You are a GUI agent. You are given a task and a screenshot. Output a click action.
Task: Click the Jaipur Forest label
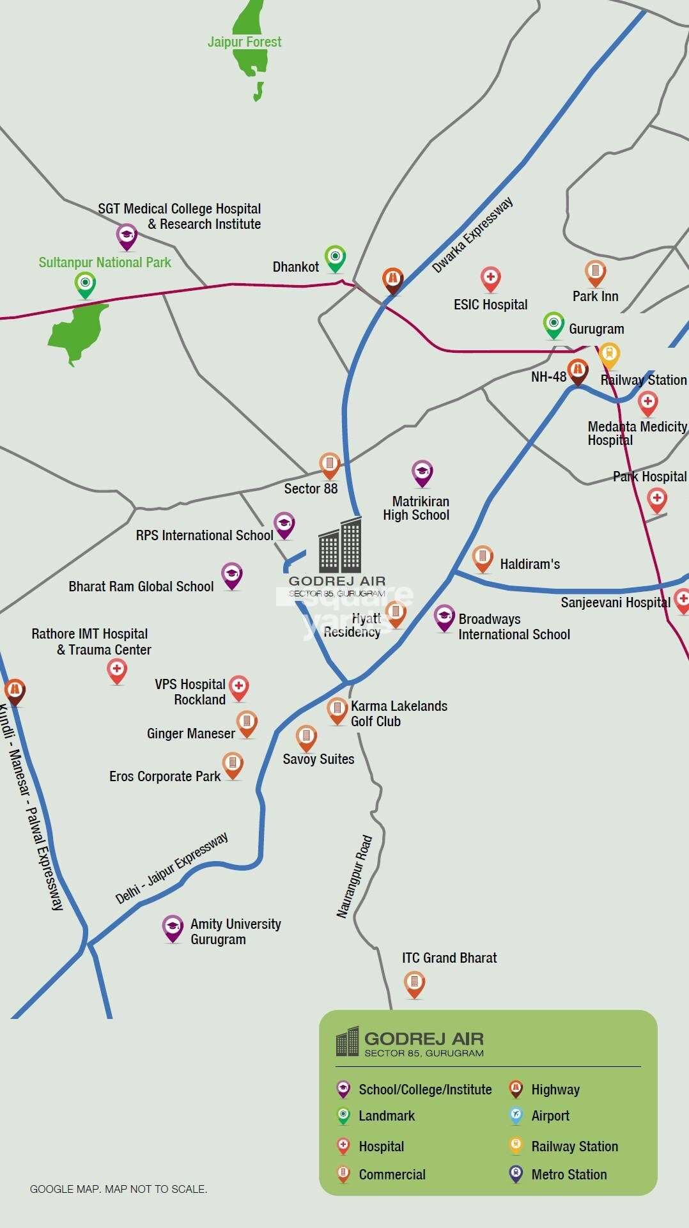[244, 42]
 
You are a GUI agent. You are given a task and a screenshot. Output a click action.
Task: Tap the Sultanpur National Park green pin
[85, 283]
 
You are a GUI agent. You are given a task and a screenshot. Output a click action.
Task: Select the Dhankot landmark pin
[335, 258]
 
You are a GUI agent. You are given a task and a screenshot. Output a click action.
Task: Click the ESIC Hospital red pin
[490, 278]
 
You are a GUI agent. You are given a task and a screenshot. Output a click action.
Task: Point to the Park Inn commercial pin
[595, 272]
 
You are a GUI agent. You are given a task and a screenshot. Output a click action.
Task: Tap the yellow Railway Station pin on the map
[609, 354]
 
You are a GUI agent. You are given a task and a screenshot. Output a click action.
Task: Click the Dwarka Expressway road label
[472, 235]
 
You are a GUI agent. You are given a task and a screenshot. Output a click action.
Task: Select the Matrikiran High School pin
[422, 472]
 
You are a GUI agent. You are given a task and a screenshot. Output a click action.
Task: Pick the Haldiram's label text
[530, 564]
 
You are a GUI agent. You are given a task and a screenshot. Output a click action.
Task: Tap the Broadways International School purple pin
[444, 617]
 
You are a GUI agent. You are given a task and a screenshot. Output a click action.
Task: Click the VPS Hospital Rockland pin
[238, 687]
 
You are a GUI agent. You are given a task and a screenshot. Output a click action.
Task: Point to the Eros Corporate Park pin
[233, 764]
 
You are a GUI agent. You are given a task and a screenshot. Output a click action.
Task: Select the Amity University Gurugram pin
[173, 927]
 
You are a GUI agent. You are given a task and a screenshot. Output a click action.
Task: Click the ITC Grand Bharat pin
[414, 983]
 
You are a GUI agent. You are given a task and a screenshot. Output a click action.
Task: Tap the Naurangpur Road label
[354, 876]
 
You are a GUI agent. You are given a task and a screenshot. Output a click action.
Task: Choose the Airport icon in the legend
[516, 1115]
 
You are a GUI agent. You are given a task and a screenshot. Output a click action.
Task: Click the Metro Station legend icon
[516, 1174]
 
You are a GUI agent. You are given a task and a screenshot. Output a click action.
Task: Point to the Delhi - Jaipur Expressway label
[171, 867]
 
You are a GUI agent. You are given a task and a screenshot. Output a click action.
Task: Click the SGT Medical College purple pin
[127, 236]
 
